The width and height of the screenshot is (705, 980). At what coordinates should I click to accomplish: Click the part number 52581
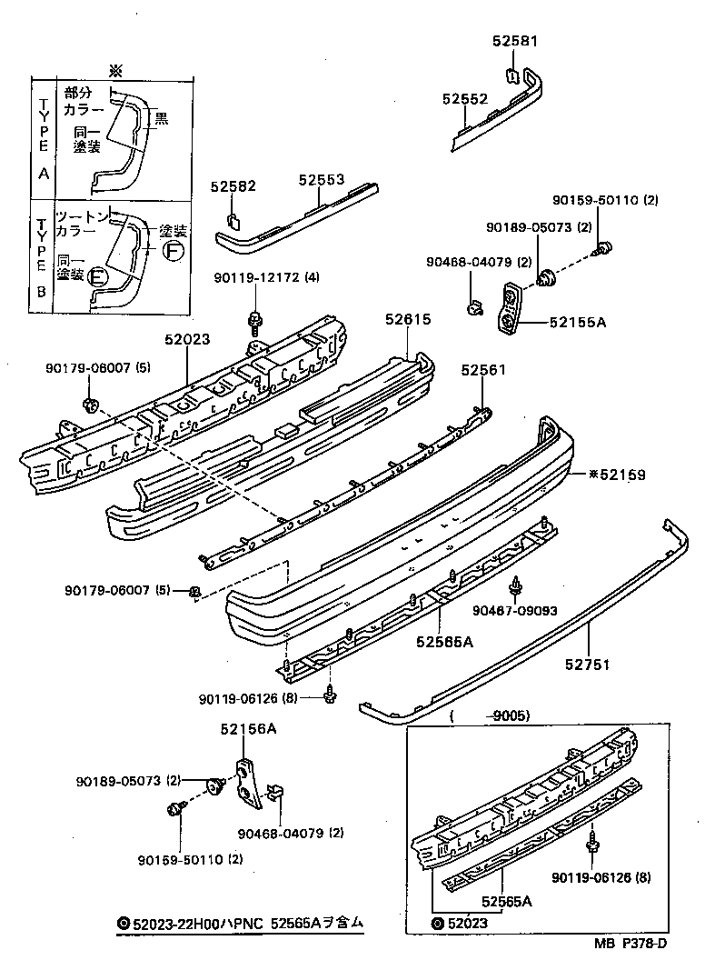point(515,42)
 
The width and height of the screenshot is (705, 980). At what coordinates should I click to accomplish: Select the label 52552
point(465,98)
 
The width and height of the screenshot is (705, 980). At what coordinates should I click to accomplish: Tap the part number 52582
point(233,186)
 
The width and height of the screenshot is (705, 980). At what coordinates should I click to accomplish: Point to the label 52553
point(322,180)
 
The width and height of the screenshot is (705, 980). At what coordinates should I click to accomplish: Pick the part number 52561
point(482,370)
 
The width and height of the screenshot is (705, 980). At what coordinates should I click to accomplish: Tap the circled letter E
point(98,276)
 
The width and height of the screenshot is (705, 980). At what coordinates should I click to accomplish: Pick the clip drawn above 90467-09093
point(516,586)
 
